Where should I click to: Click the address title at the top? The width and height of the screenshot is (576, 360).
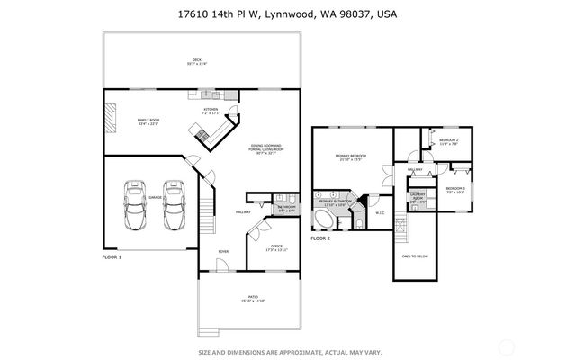pos(287,14)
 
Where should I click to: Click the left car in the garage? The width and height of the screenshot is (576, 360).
pos(135,208)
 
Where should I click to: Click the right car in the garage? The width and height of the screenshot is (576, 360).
pos(174,208)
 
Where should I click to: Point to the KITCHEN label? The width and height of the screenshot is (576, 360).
pos(211,111)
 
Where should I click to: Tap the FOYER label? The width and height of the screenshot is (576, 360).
pos(222,252)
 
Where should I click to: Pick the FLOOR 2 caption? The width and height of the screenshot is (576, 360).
pos(321,238)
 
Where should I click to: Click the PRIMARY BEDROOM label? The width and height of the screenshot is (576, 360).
pos(350,158)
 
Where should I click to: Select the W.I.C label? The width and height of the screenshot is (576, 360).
pos(379,213)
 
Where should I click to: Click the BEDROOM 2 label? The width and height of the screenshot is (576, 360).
pos(447,141)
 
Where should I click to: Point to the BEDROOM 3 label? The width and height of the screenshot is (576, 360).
pos(455,190)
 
